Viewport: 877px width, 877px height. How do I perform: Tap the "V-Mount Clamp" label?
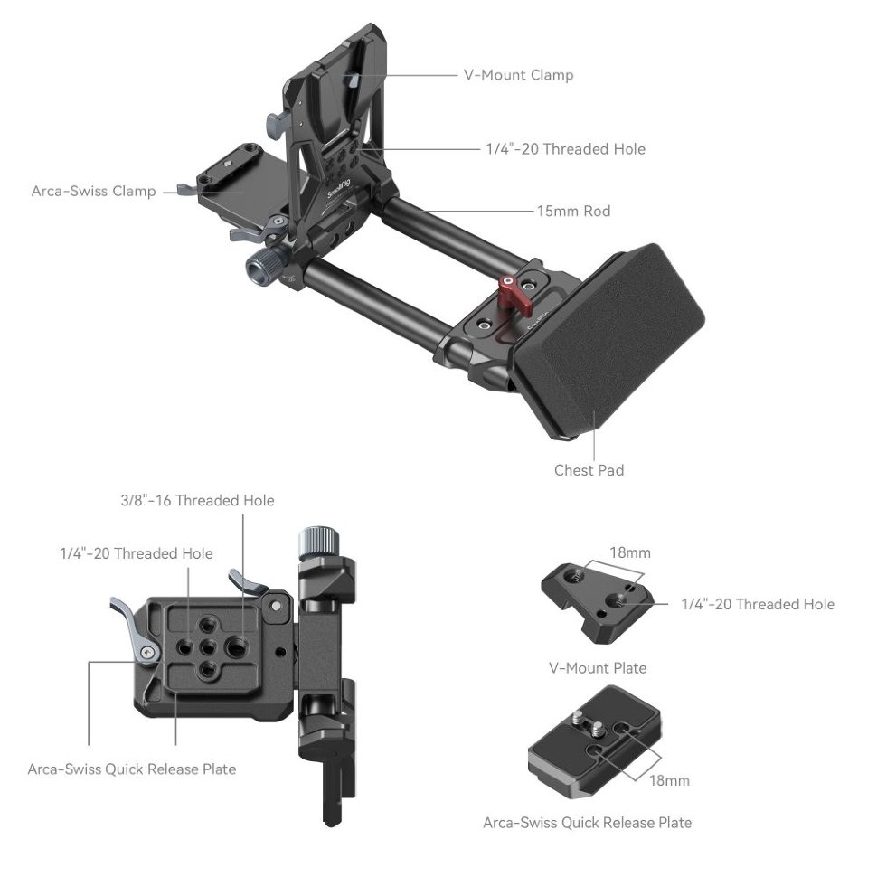(x=518, y=75)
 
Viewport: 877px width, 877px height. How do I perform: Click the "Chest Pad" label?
(x=589, y=470)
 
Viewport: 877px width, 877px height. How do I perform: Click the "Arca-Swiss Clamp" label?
(x=93, y=192)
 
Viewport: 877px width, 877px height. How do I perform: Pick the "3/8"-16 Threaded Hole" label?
(x=197, y=500)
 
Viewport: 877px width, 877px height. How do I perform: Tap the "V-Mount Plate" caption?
(x=598, y=668)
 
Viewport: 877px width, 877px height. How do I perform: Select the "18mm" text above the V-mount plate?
(x=631, y=552)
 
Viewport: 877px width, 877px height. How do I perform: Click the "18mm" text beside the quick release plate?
(x=670, y=779)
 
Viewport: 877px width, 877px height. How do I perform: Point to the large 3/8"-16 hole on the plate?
(x=239, y=645)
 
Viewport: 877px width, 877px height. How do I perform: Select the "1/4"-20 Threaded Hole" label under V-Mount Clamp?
(x=565, y=149)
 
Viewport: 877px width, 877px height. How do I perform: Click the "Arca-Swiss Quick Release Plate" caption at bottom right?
(x=587, y=823)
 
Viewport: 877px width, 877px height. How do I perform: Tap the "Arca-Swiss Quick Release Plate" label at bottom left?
(x=132, y=769)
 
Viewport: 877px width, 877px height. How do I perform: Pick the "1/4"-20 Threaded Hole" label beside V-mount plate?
(x=758, y=604)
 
